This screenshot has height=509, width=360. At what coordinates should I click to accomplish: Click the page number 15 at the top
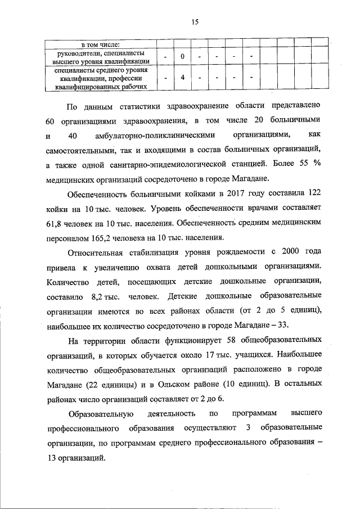point(194,22)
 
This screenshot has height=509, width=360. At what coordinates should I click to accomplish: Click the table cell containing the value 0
point(183,57)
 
